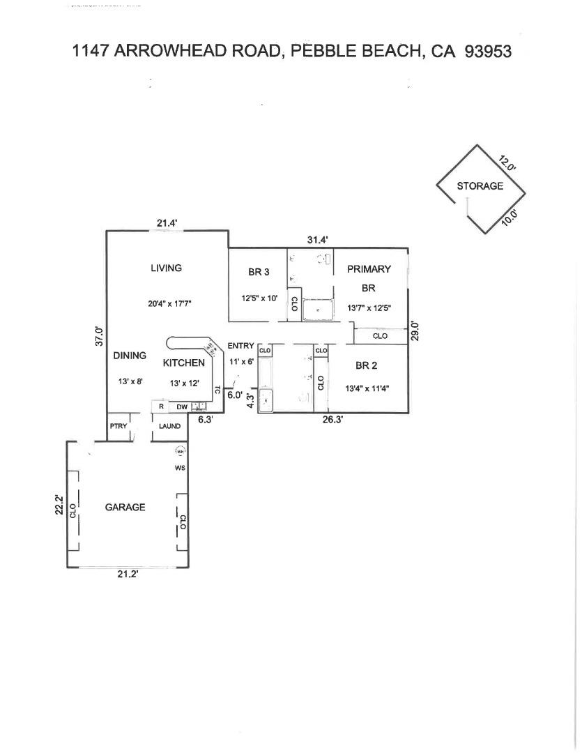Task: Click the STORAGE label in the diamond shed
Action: pyautogui.click(x=480, y=186)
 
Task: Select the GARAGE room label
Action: pyautogui.click(x=125, y=507)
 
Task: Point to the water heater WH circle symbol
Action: pyautogui.click(x=180, y=450)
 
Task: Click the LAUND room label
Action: pyautogui.click(x=169, y=426)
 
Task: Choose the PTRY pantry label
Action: pyautogui.click(x=117, y=426)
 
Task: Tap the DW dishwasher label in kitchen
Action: pyautogui.click(x=181, y=406)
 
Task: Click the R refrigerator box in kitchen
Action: pyautogui.click(x=161, y=406)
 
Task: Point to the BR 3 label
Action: pyautogui.click(x=259, y=272)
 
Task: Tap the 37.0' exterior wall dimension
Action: pyautogui.click(x=99, y=337)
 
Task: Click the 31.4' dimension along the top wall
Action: pyautogui.click(x=318, y=240)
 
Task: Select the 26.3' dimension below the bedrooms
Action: pyautogui.click(x=332, y=420)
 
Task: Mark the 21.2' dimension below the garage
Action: pyautogui.click(x=128, y=575)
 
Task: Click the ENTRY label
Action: pyautogui.click(x=241, y=346)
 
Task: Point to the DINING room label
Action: pyautogui.click(x=130, y=356)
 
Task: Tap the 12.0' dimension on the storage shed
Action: pyautogui.click(x=507, y=163)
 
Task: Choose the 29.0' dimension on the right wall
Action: pyautogui.click(x=415, y=330)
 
